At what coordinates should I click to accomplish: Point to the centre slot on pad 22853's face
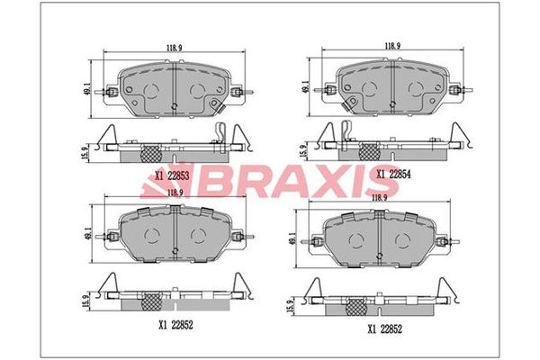(x=173, y=90)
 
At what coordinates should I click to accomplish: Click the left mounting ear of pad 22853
(x=110, y=91)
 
